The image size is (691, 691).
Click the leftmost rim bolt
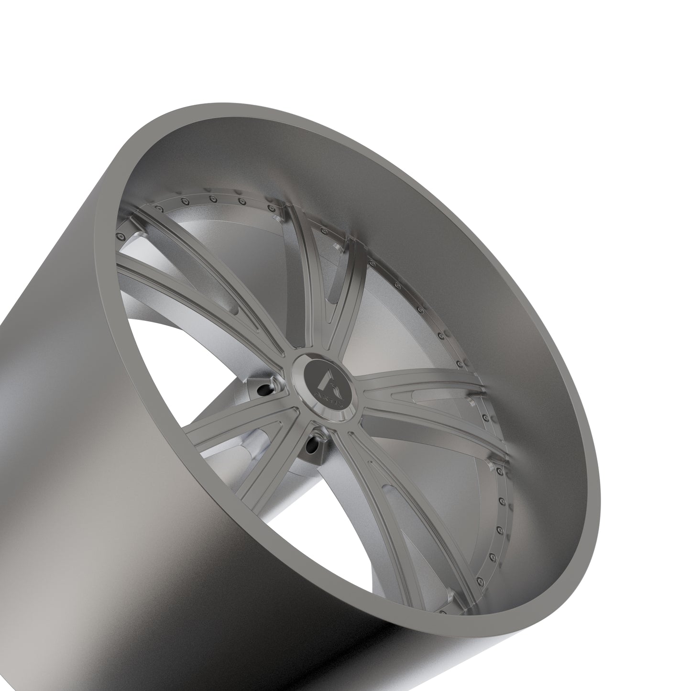coord(120,235)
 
